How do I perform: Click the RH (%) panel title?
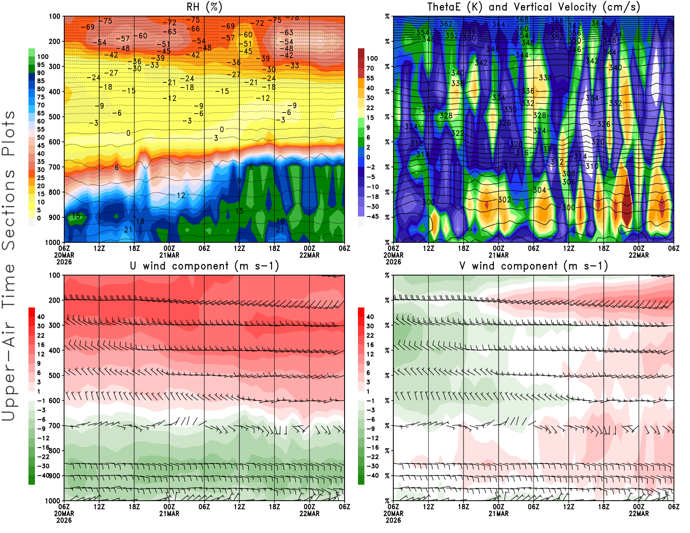point(204,7)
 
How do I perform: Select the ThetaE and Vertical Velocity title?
point(533,7)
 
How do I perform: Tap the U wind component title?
point(204,266)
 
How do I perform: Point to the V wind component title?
point(533,266)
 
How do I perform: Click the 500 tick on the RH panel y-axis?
point(55,116)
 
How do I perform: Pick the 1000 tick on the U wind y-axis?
point(53,501)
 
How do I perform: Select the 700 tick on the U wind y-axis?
point(55,426)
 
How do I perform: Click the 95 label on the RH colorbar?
point(41,65)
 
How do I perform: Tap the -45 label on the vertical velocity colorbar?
point(372,216)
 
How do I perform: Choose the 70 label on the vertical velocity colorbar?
point(370,68)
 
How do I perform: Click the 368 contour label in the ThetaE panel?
point(522,20)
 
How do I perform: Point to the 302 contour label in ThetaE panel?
point(505,200)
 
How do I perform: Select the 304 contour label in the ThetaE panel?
point(539,190)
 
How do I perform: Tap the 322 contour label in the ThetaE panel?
point(458,133)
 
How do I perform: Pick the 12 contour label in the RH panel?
point(181,195)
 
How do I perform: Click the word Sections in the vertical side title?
point(9,209)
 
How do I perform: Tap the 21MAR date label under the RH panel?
point(169,255)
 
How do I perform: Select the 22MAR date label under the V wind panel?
point(639,514)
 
